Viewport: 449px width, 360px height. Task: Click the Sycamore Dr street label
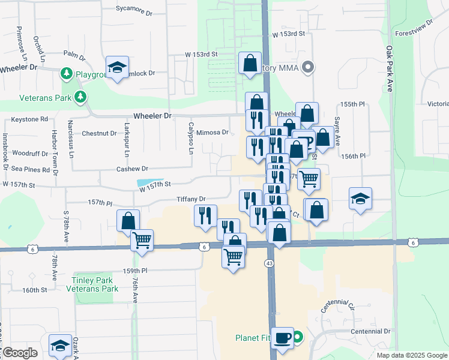134,10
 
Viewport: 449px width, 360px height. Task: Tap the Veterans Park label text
36,97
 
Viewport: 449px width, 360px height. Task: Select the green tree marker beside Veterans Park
80,97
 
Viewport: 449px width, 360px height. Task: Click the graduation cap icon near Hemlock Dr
117,67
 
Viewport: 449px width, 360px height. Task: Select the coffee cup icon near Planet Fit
282,337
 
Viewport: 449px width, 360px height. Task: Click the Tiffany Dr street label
191,199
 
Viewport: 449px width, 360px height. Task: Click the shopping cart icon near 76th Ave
142,239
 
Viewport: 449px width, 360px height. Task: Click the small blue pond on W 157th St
149,183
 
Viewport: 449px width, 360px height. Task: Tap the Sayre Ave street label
337,131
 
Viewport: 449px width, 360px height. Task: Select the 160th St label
35,290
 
